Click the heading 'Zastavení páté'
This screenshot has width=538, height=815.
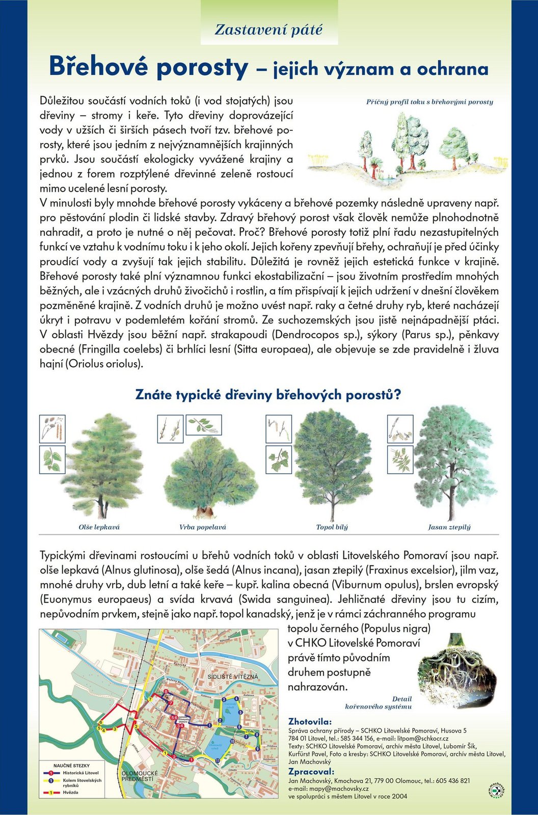click(268, 30)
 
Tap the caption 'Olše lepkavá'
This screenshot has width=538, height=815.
click(99, 527)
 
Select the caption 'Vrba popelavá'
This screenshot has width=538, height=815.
click(202, 527)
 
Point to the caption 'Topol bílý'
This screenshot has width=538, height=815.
click(332, 527)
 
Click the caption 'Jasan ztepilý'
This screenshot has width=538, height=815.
click(449, 527)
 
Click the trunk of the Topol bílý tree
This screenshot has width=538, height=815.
click(333, 507)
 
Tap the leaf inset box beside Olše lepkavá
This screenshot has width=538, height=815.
click(52, 459)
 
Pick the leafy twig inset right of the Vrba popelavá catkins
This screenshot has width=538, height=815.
click(204, 424)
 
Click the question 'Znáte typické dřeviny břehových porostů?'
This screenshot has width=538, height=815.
click(268, 395)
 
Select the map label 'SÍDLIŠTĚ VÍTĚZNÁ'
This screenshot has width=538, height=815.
click(233, 676)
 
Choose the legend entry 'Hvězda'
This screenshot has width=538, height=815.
click(71, 793)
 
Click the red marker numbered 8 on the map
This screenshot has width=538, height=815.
click(166, 692)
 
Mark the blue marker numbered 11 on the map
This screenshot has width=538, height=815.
click(218, 760)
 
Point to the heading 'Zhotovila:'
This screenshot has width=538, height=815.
click(310, 721)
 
